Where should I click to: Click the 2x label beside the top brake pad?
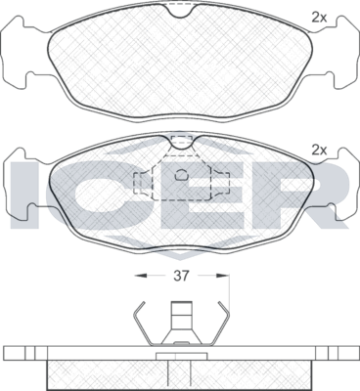coord(318,16)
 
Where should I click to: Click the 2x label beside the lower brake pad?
coord(318,150)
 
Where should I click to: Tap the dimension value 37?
coord(179,276)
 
